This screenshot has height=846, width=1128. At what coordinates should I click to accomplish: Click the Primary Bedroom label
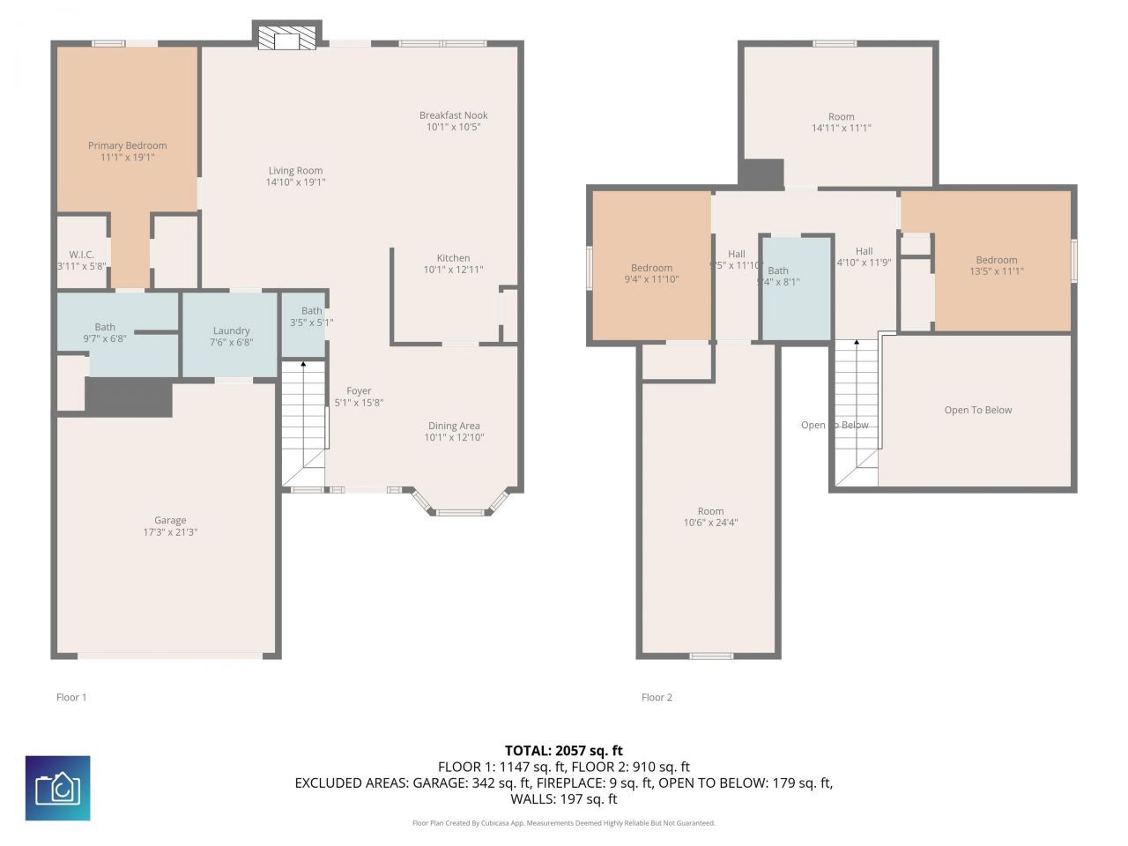pyautogui.click(x=127, y=145)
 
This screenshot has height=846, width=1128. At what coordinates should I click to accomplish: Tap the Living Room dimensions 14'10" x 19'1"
pyautogui.click(x=295, y=182)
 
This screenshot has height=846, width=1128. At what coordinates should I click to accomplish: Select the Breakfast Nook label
pyautogui.click(x=453, y=115)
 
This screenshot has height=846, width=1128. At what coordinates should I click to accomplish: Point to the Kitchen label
pyautogui.click(x=453, y=258)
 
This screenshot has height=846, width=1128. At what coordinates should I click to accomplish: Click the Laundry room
pyautogui.click(x=231, y=336)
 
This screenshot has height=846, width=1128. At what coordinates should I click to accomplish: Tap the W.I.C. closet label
pyautogui.click(x=82, y=255)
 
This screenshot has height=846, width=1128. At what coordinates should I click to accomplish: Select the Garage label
pyautogui.click(x=170, y=521)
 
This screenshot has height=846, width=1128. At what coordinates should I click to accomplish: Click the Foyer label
pyautogui.click(x=359, y=391)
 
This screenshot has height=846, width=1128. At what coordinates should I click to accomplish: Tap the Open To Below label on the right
pyautogui.click(x=977, y=410)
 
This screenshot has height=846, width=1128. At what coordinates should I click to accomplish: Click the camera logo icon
pyautogui.click(x=57, y=788)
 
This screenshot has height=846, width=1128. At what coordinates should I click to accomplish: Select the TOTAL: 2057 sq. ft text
pyautogui.click(x=563, y=751)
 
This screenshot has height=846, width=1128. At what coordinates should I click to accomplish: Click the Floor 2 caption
pyautogui.click(x=657, y=697)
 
